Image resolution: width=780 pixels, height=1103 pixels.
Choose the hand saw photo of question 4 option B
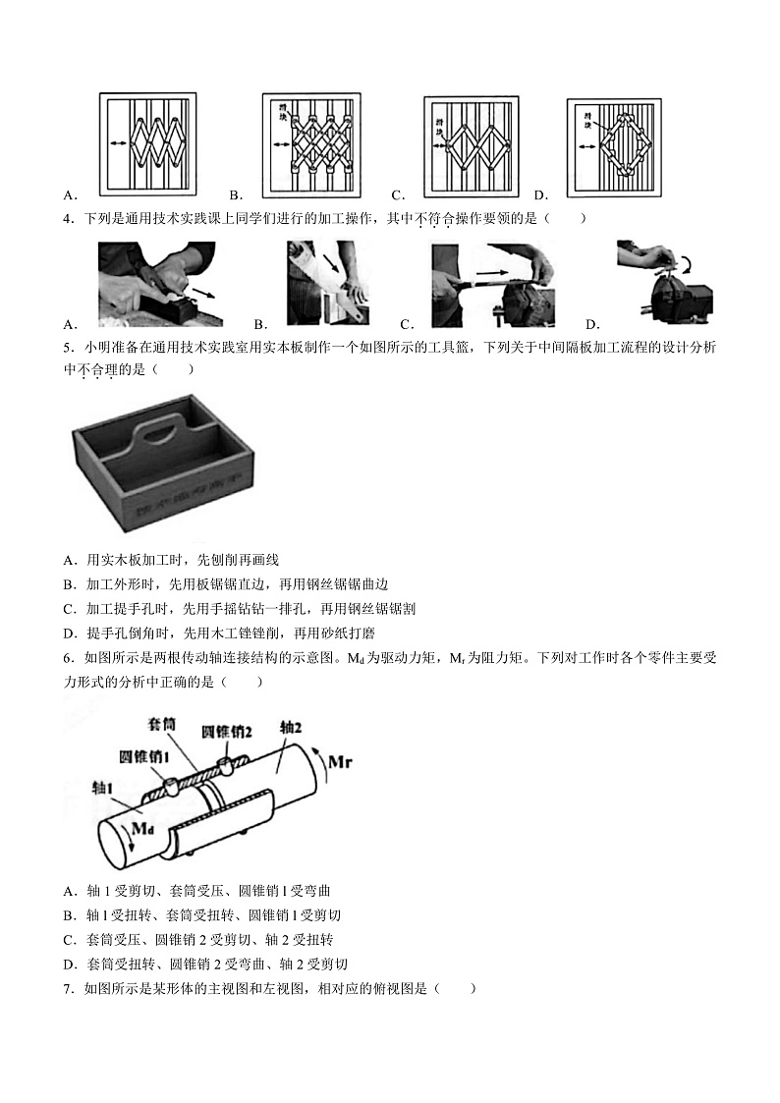[328, 285]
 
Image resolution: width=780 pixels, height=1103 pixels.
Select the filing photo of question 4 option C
[493, 285]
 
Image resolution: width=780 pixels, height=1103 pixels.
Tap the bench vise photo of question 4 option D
[663, 285]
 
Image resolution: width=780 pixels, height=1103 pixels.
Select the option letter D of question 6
[69, 964]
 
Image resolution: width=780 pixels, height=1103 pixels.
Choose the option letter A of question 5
[69, 560]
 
